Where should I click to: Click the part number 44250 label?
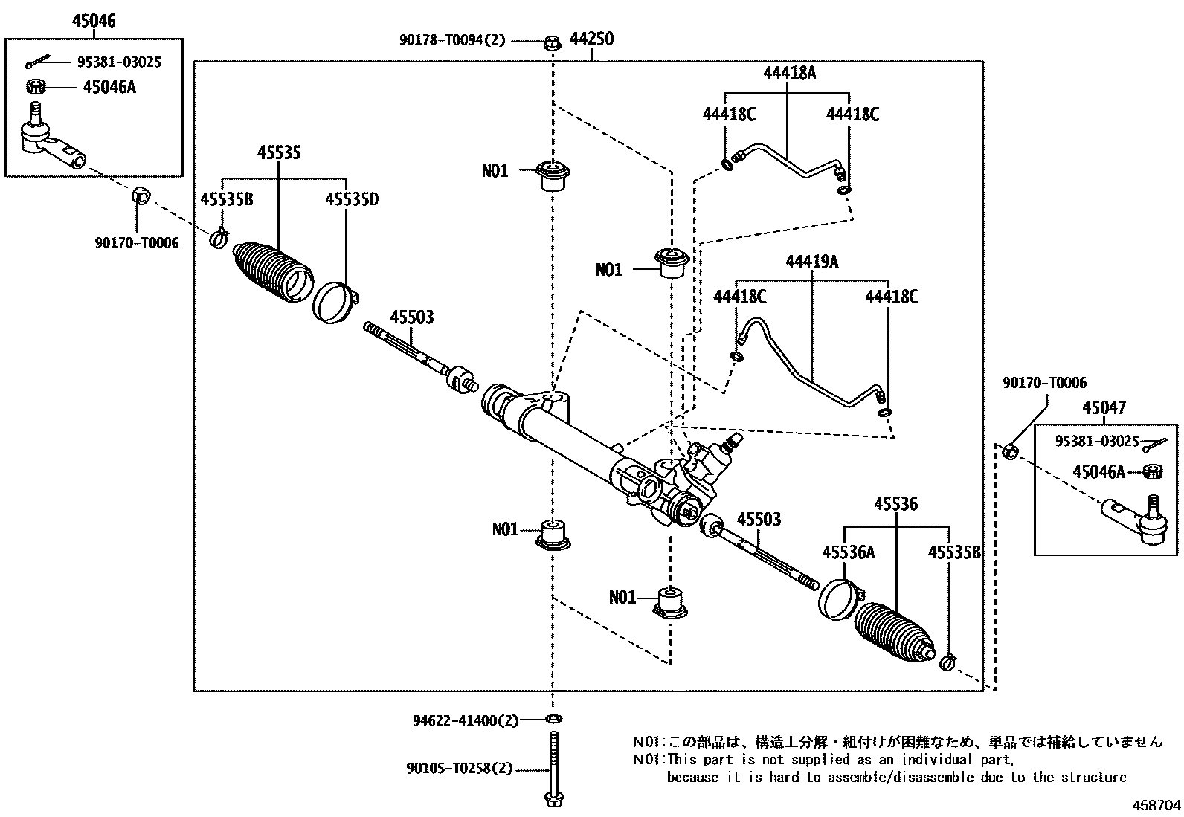pyautogui.click(x=591, y=39)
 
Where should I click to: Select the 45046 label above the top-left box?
pyautogui.click(x=94, y=21)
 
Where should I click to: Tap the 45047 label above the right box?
pyautogui.click(x=1104, y=407)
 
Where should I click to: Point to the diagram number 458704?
pyautogui.click(x=1156, y=805)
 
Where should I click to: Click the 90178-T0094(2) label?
pyautogui.click(x=452, y=40)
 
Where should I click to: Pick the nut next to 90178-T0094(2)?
pyautogui.click(x=552, y=42)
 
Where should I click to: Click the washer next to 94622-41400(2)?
pyautogui.click(x=553, y=719)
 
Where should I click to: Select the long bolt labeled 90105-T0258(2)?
pyautogui.click(x=553, y=769)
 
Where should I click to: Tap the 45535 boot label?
pyautogui.click(x=279, y=152)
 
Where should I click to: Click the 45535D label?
pyautogui.click(x=352, y=199)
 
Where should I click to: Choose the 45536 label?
pyautogui.click(x=895, y=503)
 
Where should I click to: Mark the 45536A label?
pyautogui.click(x=849, y=552)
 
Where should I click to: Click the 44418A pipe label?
pyautogui.click(x=789, y=72)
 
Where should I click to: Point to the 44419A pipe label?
pyautogui.click(x=812, y=262)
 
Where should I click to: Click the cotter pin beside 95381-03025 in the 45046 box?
pyautogui.click(x=37, y=62)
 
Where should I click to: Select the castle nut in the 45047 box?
pyautogui.click(x=1152, y=471)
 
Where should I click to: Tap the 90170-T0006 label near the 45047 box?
pyautogui.click(x=1044, y=383)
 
